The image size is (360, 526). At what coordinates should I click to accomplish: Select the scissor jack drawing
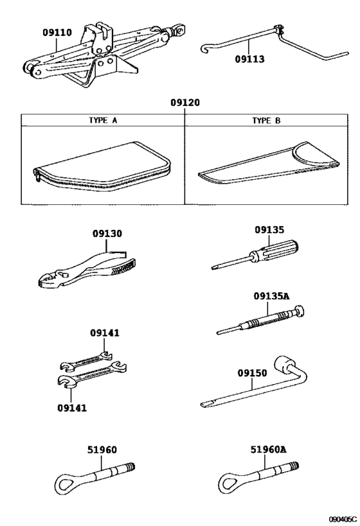click(103, 55)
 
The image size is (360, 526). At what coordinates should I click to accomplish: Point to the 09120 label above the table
click(184, 103)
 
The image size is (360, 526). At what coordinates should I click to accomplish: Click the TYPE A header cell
click(103, 120)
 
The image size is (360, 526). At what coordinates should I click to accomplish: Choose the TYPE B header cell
click(266, 120)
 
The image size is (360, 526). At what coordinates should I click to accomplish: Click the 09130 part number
click(107, 235)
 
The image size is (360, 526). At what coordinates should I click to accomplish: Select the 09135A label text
click(271, 296)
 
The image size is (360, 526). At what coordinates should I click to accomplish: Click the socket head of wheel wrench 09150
click(283, 365)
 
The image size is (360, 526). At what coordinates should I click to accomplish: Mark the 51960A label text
click(269, 451)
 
